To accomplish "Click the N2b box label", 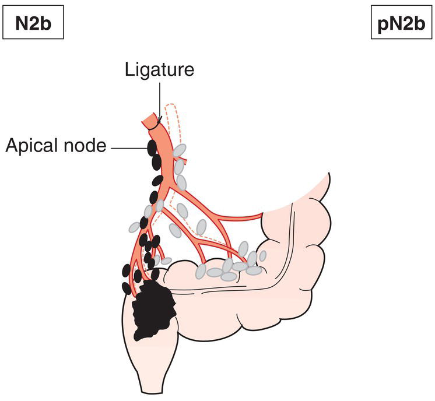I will [32, 26].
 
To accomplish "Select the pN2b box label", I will [402, 26].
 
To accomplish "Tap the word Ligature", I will [159, 71].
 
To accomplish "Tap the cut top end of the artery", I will [151, 120].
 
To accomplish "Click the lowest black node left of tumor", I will [127, 288].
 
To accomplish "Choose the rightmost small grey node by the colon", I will [262, 255].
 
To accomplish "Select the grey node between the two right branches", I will [202, 226].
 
